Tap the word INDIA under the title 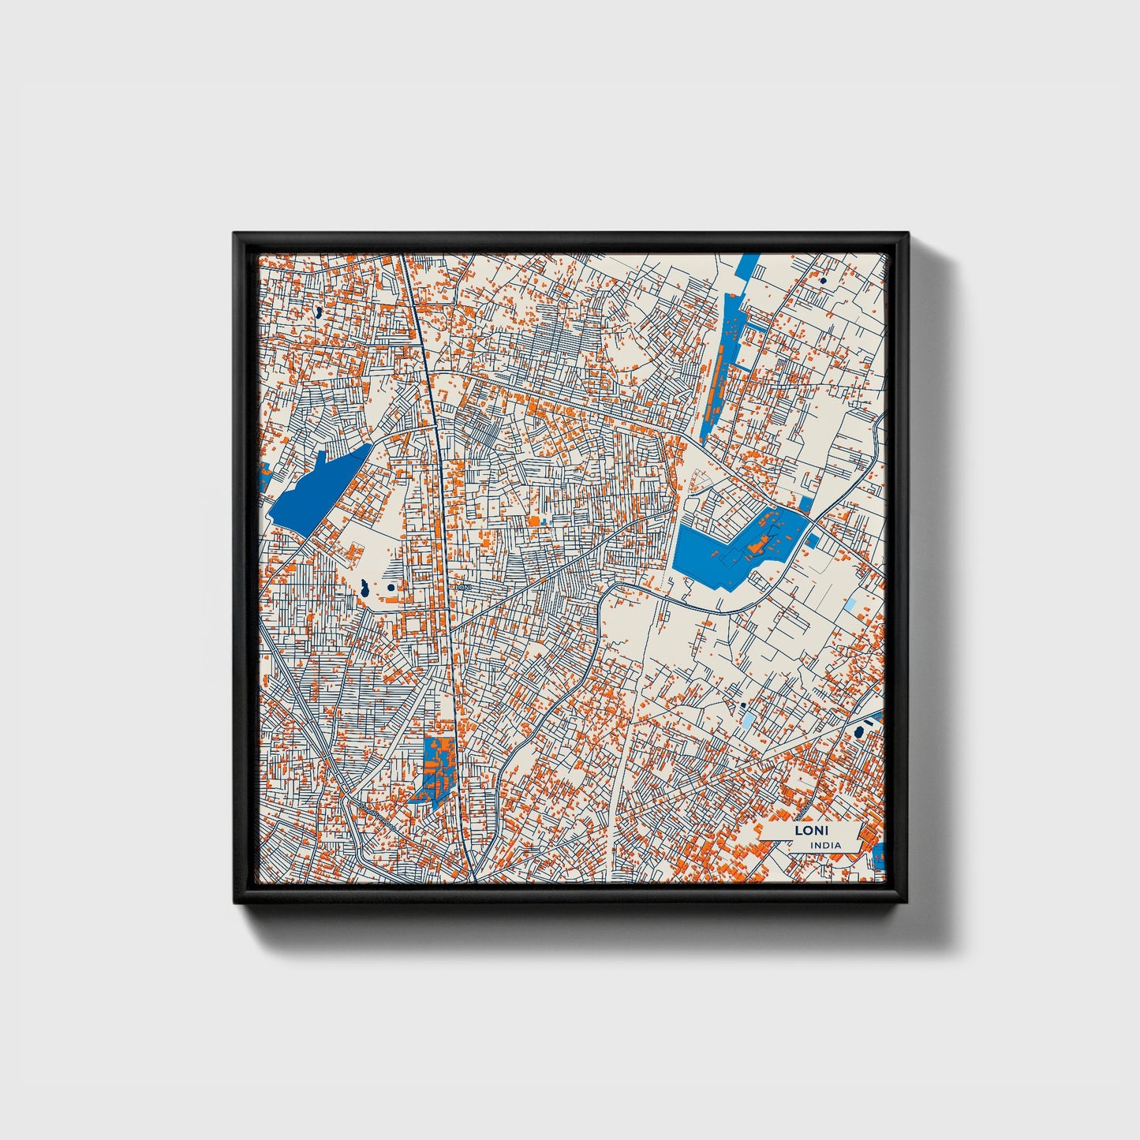(825, 845)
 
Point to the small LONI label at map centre (463, 587)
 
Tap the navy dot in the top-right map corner (823, 280)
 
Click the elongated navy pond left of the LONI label (365, 588)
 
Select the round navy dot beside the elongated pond (391, 587)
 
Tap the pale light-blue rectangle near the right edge (850, 605)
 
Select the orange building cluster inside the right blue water (756, 544)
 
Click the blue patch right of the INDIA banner (880, 855)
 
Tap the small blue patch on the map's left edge (265, 476)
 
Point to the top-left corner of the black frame (235, 234)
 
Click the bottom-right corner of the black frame (907, 903)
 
